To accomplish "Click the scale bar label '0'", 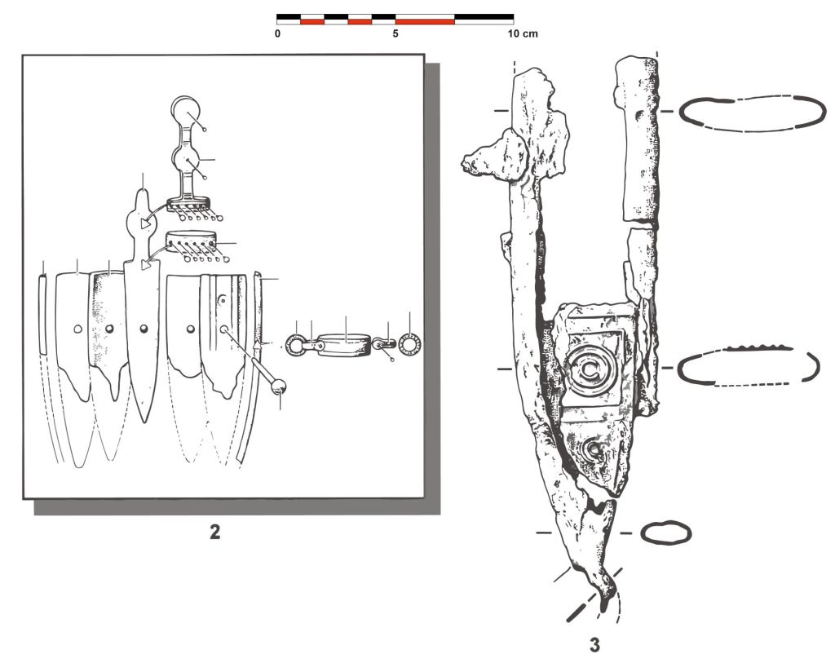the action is tap(277, 34).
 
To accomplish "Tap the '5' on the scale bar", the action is tap(395, 34).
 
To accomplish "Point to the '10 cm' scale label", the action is tap(522, 34).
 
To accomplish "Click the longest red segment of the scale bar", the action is tap(425, 22).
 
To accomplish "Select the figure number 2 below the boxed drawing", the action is tap(214, 532).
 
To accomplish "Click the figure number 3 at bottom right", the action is tap(594, 645).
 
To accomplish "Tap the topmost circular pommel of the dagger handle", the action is tap(185, 110).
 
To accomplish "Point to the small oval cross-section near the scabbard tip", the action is tap(665, 533).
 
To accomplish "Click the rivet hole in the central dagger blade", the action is tap(144, 329).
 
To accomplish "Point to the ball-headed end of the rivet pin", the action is tap(278, 387).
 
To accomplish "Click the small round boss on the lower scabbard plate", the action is tap(594, 451).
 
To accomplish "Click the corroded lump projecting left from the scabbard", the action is tap(493, 154).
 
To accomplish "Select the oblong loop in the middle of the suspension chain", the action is tap(345, 345).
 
